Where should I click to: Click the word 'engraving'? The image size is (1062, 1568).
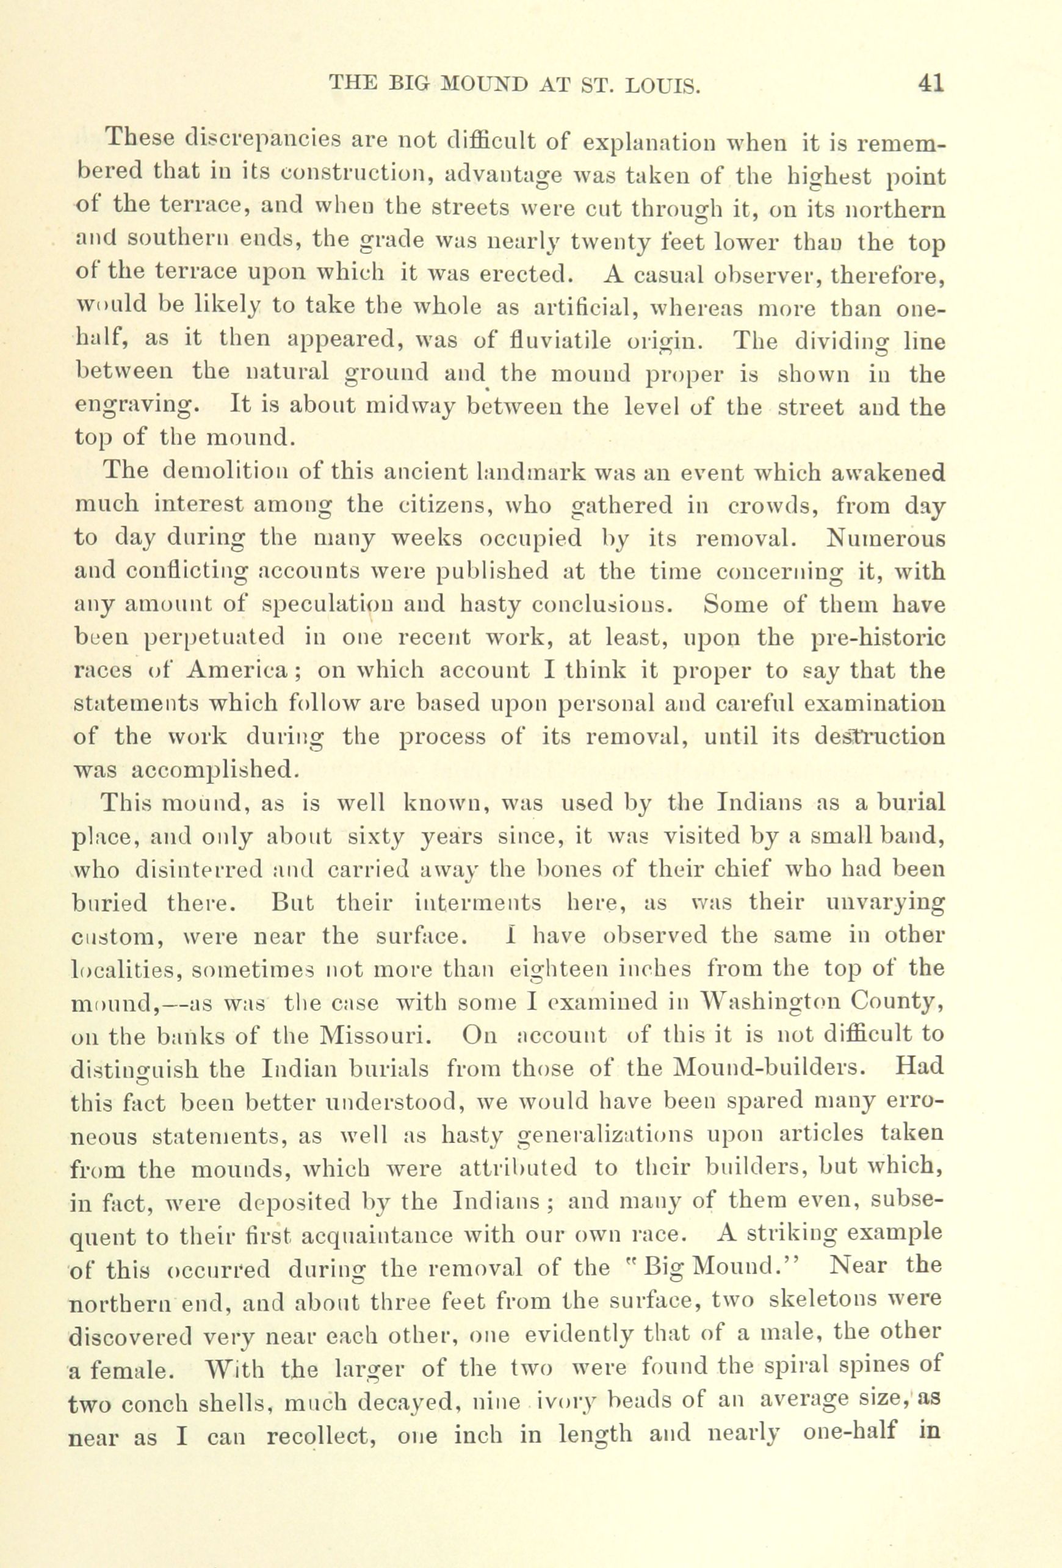pyautogui.click(x=135, y=407)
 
